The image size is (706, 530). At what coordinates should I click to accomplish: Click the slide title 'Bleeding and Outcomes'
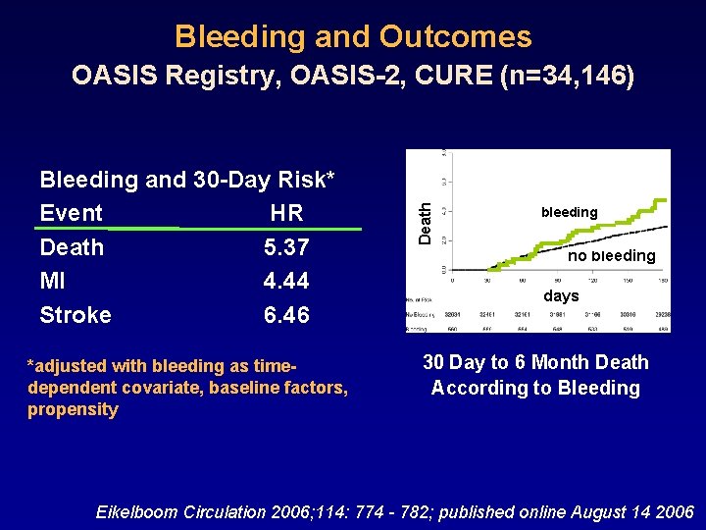coord(353,37)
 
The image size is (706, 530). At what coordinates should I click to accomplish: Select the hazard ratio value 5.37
coord(286,247)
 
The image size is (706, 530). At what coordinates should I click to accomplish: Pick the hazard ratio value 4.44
coord(286,282)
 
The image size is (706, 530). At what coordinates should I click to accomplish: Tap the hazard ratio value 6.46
coord(286,315)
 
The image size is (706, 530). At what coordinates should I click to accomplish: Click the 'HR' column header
coord(286,213)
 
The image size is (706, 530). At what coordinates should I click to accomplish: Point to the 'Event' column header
coord(71,213)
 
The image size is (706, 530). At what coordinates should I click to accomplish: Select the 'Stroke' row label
coord(76,315)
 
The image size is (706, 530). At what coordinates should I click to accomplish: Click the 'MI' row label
coord(52,282)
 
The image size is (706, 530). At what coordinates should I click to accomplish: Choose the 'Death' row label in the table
coord(72,247)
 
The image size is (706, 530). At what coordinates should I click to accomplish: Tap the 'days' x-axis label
coord(561,295)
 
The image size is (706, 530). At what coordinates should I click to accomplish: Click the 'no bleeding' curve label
coord(611,256)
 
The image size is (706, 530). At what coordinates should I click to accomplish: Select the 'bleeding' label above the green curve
coord(569,212)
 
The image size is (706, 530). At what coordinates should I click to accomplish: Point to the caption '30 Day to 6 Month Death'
coord(535,363)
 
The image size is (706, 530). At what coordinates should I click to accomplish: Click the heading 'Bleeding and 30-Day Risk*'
coord(187,180)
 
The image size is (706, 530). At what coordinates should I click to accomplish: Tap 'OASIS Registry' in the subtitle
coord(168,76)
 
